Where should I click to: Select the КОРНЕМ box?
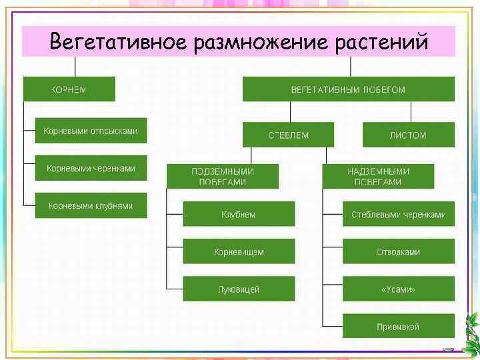69,89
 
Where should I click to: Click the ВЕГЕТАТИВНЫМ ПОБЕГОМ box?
348,89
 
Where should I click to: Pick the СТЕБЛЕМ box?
289,135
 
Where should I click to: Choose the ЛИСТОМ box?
408,135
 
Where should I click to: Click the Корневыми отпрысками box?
91,131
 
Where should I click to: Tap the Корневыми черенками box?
91,169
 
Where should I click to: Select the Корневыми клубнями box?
91,206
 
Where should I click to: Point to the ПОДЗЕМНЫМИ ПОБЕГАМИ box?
223,176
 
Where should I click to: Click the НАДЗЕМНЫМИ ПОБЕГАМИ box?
378,176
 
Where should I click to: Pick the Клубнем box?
239,215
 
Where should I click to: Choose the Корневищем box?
239,252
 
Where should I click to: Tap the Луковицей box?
239,289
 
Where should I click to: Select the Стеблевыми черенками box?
399,215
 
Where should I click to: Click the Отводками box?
399,252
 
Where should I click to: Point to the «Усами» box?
399,289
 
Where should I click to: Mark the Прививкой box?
399,327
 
